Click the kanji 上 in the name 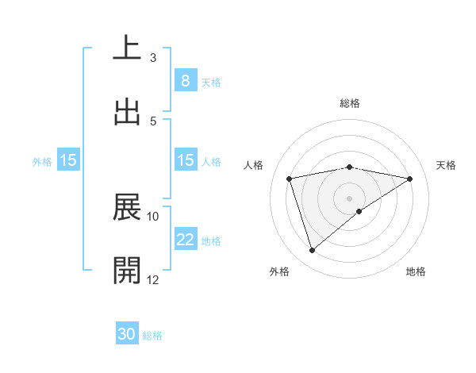127,48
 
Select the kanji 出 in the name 127,112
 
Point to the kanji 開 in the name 127,271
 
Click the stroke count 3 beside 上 153,57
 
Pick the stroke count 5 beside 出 153,121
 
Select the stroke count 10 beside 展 153,216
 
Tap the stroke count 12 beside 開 153,279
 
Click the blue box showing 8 185,80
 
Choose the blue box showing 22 185,240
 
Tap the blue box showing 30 127,334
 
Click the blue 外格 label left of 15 42,161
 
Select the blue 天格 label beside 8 211,82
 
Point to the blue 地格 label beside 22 211,241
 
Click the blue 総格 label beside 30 152,336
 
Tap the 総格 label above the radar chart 350,103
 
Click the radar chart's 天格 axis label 446,165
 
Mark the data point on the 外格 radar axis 312,251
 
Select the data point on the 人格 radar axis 290,179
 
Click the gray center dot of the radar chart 350,198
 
